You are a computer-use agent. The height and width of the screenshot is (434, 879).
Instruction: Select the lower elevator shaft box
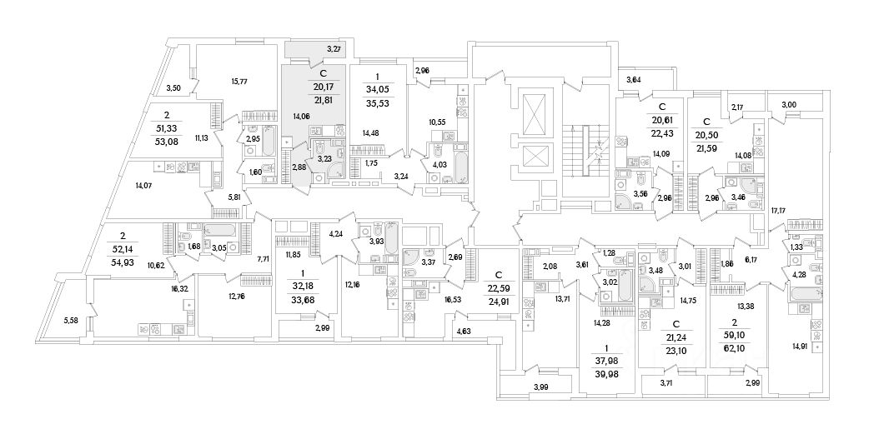[532, 156]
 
